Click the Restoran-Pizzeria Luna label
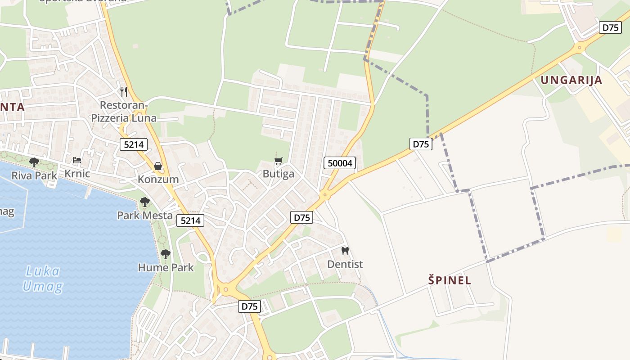[124, 112]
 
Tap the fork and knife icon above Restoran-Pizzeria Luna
[124, 92]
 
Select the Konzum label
[158, 179]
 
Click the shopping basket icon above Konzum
[158, 166]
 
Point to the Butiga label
[279, 174]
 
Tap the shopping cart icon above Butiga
[279, 161]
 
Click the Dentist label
[345, 264]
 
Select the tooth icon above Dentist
[345, 251]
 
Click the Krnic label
[77, 174]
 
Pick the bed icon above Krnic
[77, 161]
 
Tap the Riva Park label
[34, 175]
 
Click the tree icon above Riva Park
[34, 162]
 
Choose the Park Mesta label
[144, 215]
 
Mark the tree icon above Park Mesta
[144, 202]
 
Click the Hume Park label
[166, 267]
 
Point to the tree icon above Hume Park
[166, 254]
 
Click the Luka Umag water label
[43, 279]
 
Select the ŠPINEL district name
[450, 280]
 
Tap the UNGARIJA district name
[571, 80]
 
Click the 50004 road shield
[340, 163]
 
